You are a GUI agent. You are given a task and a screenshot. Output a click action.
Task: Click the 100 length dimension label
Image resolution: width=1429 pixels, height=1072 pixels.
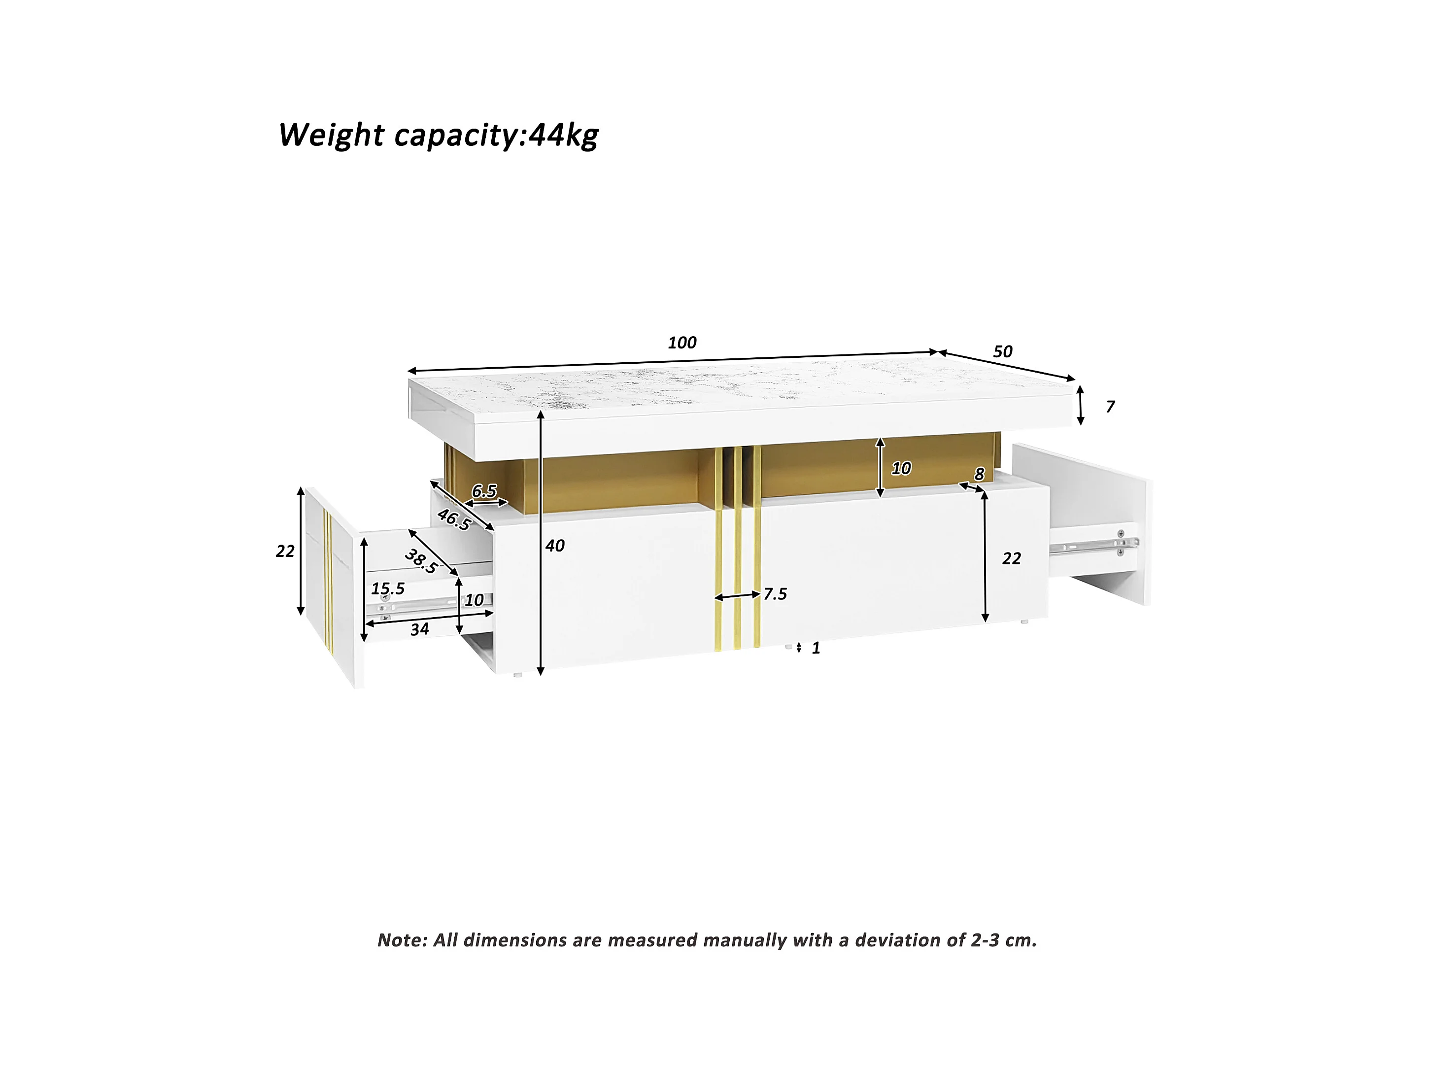pos(681,343)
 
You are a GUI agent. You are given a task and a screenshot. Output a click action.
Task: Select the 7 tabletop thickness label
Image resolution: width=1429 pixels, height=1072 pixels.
pos(1110,407)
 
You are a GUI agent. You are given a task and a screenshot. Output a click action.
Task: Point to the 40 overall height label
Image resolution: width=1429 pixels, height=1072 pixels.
pos(554,546)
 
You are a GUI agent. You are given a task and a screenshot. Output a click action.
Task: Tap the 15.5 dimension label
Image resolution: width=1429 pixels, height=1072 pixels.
pos(388,588)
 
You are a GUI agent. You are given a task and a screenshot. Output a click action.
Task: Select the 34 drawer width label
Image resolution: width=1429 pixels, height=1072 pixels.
pos(419,629)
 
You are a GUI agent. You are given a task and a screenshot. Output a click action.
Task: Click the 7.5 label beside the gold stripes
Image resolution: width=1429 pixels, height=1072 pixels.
pos(775,594)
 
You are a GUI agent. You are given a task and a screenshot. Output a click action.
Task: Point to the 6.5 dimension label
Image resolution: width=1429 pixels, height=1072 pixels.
pos(484,491)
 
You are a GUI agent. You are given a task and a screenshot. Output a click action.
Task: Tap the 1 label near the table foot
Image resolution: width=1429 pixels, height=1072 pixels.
pos(816,648)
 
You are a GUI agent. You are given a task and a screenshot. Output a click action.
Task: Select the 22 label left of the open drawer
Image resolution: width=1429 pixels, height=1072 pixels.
pos(285,551)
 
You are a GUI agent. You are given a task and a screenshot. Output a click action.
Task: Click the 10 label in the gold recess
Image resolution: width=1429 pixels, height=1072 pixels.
pos(901,468)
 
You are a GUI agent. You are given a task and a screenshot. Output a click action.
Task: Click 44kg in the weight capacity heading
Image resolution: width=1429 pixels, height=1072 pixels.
pos(563,136)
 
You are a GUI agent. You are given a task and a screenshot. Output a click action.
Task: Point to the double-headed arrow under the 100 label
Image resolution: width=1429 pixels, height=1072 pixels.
pos(672,362)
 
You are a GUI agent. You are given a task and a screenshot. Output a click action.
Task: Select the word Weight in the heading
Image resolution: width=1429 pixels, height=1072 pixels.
pos(331,136)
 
